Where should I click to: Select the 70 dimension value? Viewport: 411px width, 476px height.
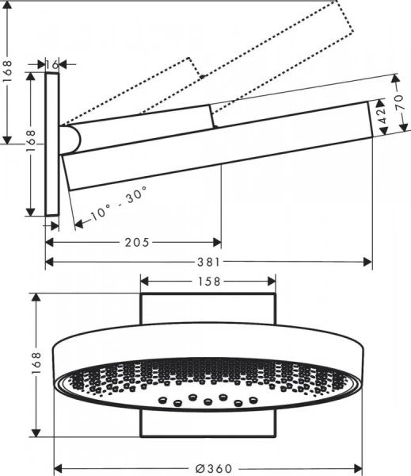point(400,102)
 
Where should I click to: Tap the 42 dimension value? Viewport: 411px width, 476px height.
point(383,116)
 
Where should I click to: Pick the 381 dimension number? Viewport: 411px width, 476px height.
point(208,262)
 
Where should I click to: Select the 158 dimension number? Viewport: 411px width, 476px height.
point(208,280)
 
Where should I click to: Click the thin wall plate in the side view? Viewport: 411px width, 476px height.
point(52,143)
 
